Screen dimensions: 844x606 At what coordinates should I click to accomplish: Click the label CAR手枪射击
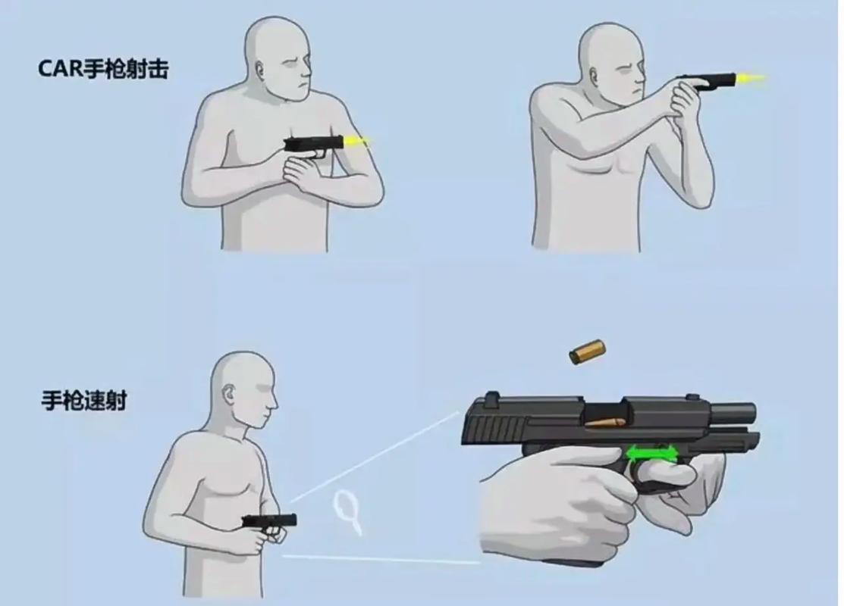coord(103,69)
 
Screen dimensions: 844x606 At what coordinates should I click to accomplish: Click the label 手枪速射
coord(84,401)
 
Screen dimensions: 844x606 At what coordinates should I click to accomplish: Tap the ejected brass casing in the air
coord(587,352)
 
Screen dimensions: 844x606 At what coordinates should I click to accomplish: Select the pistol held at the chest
coord(312,147)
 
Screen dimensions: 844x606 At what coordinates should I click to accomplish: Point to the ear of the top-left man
coord(262,70)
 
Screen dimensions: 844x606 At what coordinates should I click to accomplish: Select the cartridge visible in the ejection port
coord(606,422)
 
